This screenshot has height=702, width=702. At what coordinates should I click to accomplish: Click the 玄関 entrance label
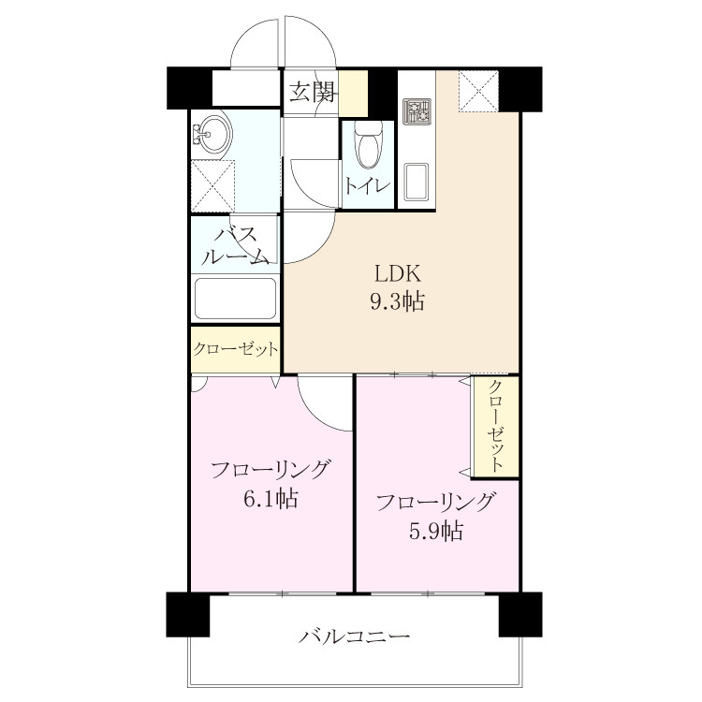(x=312, y=93)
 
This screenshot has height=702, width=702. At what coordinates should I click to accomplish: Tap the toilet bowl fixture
(x=369, y=144)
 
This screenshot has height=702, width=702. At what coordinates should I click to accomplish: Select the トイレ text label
(x=368, y=186)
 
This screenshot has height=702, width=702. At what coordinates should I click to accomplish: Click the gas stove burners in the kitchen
(x=417, y=111)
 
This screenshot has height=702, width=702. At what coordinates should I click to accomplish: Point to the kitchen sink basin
(x=416, y=183)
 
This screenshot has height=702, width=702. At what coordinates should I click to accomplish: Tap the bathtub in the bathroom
(x=236, y=300)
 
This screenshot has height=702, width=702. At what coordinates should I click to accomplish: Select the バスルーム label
(x=236, y=247)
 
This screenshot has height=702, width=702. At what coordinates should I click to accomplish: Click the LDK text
(x=398, y=274)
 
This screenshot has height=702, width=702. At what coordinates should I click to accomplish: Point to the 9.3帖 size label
(x=397, y=300)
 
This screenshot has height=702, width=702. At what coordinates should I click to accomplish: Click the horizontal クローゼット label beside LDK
(x=236, y=349)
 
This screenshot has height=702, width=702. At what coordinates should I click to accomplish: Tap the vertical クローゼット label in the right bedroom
(x=495, y=426)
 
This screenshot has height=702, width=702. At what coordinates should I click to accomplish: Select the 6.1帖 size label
(x=271, y=498)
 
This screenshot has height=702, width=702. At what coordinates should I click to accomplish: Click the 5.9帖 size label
(x=436, y=531)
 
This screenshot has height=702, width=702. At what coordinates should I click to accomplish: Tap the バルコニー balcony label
(x=355, y=636)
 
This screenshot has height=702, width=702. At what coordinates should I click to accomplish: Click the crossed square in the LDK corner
(x=478, y=92)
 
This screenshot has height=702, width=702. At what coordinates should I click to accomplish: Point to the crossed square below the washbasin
(x=213, y=186)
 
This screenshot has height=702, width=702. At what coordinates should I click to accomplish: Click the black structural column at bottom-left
(x=188, y=614)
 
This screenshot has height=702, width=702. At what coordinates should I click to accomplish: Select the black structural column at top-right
(x=520, y=89)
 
